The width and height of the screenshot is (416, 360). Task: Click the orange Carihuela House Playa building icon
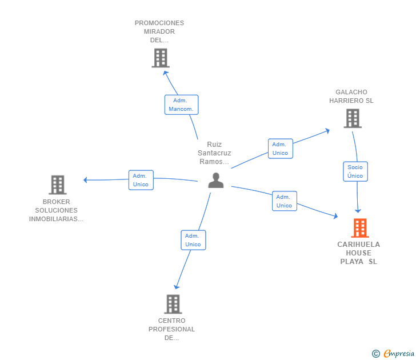(360, 228)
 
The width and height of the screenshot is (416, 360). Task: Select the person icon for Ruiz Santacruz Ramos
(216, 181)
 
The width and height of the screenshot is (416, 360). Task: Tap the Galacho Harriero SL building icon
(353, 118)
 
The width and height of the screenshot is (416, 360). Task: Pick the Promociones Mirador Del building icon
(161, 58)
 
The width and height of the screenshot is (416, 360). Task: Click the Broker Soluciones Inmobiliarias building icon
(58, 185)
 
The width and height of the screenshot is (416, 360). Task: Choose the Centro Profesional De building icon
(173, 304)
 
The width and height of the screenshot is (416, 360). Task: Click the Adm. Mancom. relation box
(182, 105)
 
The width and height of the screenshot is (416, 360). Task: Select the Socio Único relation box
(355, 171)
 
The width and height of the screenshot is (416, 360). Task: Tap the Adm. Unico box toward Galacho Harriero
(281, 149)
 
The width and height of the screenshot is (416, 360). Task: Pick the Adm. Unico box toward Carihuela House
(285, 201)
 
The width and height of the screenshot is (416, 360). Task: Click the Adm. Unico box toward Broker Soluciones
(141, 180)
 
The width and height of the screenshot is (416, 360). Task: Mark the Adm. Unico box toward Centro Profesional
(193, 240)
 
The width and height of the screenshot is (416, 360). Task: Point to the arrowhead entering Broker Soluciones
(86, 180)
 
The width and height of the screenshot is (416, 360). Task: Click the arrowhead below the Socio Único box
(358, 211)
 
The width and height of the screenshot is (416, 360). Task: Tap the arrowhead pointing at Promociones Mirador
(165, 73)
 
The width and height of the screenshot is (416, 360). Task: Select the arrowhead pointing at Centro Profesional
(177, 287)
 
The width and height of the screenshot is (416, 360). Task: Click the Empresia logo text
(399, 353)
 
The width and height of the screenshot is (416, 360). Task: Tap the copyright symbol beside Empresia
(375, 354)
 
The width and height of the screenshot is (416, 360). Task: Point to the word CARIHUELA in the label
(358, 245)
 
